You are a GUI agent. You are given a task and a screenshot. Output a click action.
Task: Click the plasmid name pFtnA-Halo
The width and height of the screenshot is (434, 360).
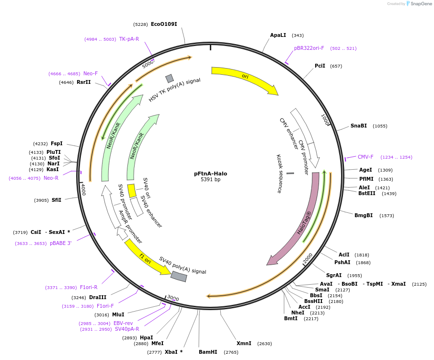click(x=210, y=174)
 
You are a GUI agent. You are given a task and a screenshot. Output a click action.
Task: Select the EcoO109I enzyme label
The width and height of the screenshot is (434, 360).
click(x=164, y=24)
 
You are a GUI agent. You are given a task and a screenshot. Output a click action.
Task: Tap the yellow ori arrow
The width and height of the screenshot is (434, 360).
click(x=244, y=78)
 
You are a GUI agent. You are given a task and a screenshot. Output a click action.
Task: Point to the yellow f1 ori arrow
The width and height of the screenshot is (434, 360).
click(x=146, y=257)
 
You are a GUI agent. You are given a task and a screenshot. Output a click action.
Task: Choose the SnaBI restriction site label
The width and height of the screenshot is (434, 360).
click(x=358, y=126)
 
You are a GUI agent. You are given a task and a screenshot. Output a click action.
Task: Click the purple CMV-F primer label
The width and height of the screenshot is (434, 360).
click(x=365, y=157)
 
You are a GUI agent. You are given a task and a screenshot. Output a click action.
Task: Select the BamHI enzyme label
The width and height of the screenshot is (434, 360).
click(x=208, y=352)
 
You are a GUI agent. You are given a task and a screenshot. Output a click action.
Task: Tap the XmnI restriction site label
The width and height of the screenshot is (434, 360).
click(x=244, y=343)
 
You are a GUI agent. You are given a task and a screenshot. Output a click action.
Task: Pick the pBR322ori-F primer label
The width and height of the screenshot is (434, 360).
click(x=309, y=48)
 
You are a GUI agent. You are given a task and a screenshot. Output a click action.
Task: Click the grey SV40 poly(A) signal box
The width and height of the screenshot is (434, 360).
click(x=179, y=277)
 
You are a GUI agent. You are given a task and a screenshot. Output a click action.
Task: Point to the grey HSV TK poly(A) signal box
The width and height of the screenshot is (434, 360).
click(x=170, y=78)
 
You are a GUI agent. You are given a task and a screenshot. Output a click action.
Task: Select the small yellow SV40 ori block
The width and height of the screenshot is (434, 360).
click(x=131, y=190)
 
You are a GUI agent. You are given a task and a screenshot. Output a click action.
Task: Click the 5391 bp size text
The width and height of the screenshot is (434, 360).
click(x=210, y=180)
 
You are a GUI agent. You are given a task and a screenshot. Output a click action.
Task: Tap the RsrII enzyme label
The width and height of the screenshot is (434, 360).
click(x=83, y=82)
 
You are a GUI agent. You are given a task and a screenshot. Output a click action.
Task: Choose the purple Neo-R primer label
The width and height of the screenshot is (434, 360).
click(x=51, y=178)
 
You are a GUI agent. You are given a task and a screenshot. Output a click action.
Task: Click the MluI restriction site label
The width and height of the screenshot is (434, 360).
click(x=118, y=314)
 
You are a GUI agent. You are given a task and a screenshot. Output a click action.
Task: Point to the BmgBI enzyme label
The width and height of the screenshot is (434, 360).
click(x=364, y=215)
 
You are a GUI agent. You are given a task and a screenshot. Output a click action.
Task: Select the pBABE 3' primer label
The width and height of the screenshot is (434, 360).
click(x=60, y=243)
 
